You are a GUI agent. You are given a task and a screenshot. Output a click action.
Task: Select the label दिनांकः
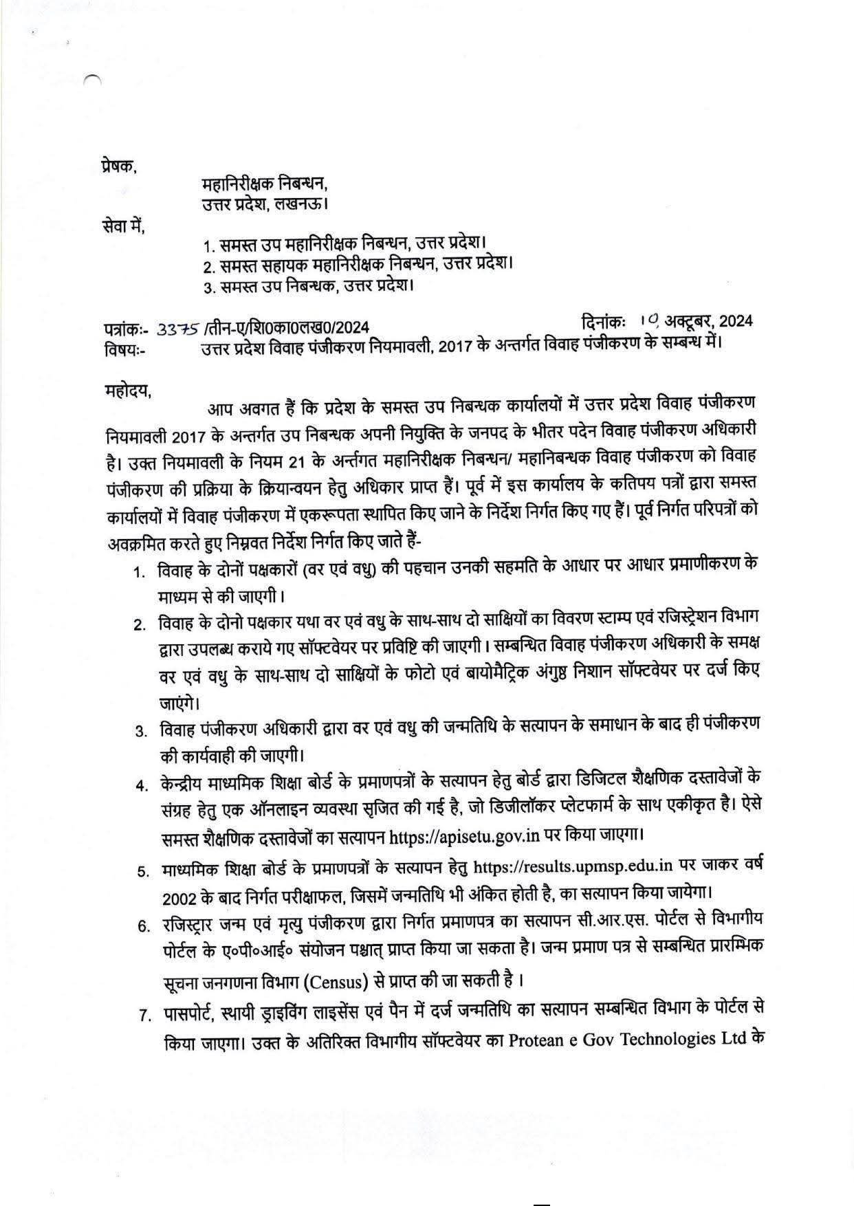pyautogui.click(x=603, y=321)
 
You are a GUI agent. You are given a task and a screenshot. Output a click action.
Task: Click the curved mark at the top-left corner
pyautogui.click(x=92, y=79)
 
